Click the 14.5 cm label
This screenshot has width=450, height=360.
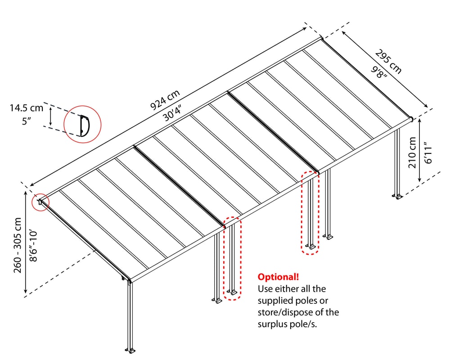click(x=27, y=108)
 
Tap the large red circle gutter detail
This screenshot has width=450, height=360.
click(x=82, y=125)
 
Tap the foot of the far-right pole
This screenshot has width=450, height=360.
click(x=397, y=196)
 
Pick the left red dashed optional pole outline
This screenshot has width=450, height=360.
click(x=233, y=258)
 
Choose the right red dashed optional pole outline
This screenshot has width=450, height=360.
click(x=310, y=212)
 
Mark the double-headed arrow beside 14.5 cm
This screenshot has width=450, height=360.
click(x=51, y=116)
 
